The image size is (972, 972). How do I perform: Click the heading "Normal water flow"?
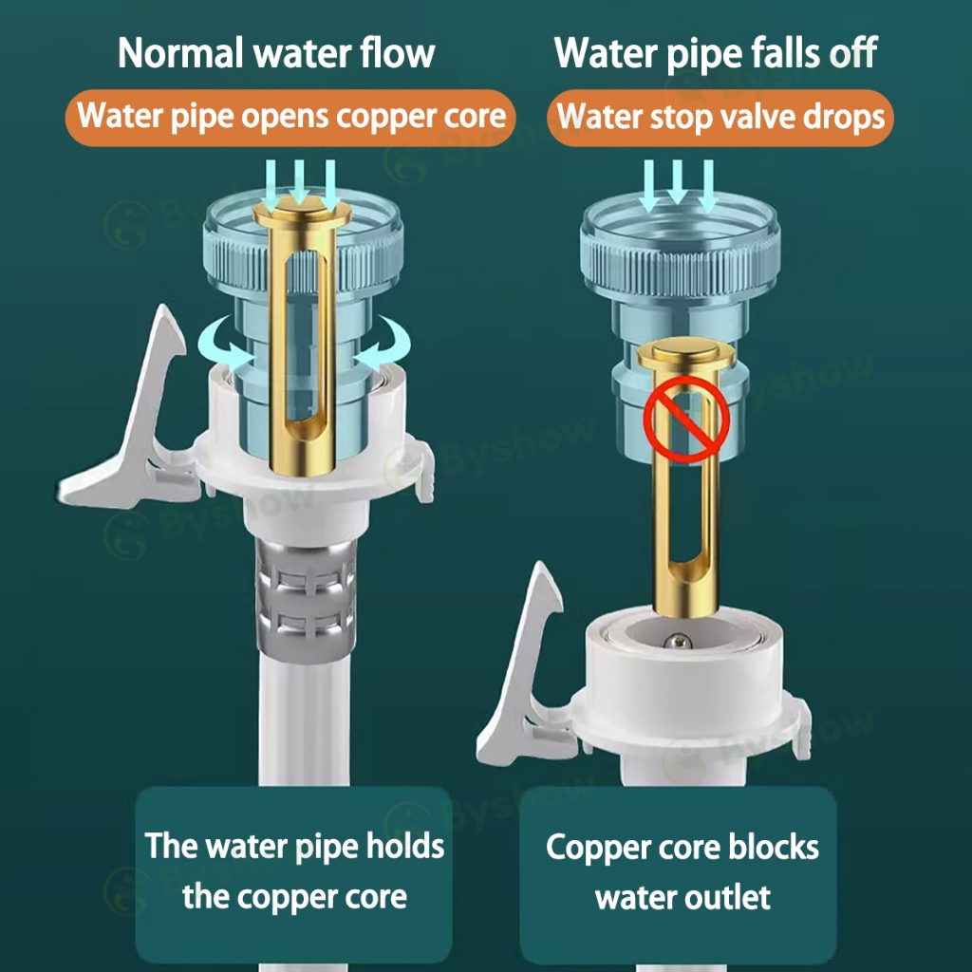(x=276, y=53)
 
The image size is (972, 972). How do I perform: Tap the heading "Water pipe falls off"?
(x=716, y=53)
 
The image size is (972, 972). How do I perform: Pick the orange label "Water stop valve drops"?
(x=720, y=118)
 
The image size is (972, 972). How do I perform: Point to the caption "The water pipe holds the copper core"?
(x=294, y=870)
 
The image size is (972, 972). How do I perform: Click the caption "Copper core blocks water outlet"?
(x=682, y=870)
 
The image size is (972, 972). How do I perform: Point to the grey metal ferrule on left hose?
(x=307, y=598)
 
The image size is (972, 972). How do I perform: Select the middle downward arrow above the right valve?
(x=677, y=183)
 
